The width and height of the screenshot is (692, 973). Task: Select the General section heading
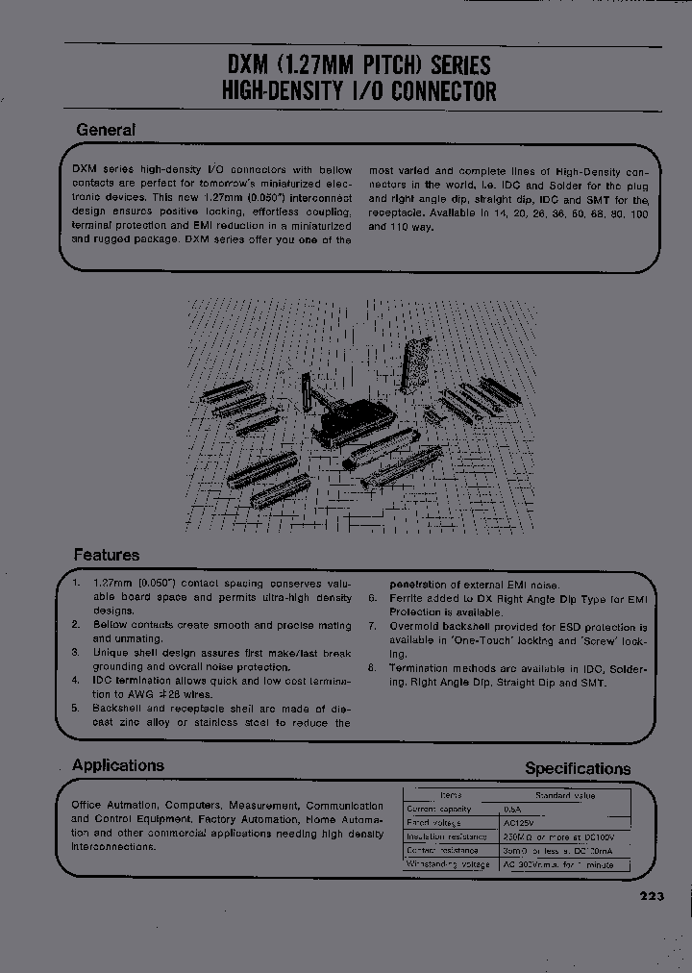(x=106, y=130)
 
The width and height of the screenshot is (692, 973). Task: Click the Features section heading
(x=107, y=555)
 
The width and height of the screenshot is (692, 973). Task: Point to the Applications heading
(x=118, y=765)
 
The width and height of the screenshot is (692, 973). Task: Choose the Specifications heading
(x=578, y=768)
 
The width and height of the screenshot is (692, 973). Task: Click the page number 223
(x=651, y=896)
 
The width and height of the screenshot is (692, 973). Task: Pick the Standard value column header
(x=565, y=796)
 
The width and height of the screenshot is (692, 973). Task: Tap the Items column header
(x=450, y=796)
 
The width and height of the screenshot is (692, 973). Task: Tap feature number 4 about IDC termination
(x=75, y=680)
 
